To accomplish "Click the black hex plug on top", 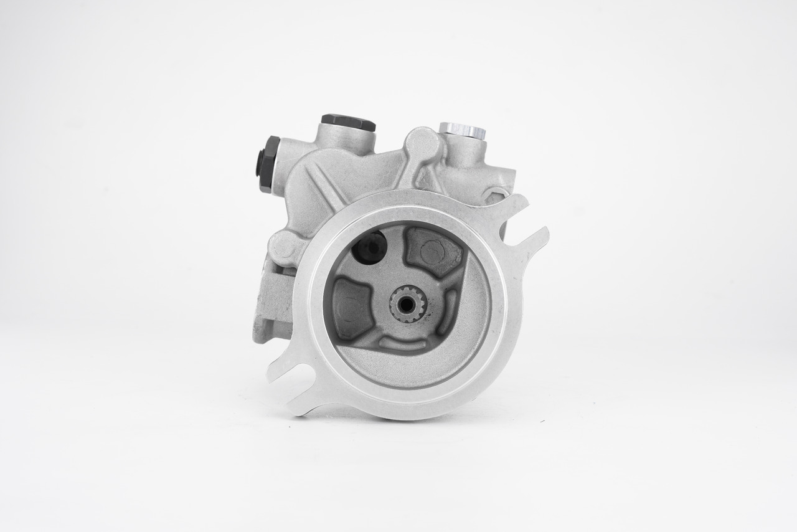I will click(348, 122).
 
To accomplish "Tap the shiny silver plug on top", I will click(462, 130).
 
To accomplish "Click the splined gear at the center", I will click(407, 304).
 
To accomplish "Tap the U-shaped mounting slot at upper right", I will click(522, 224).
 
